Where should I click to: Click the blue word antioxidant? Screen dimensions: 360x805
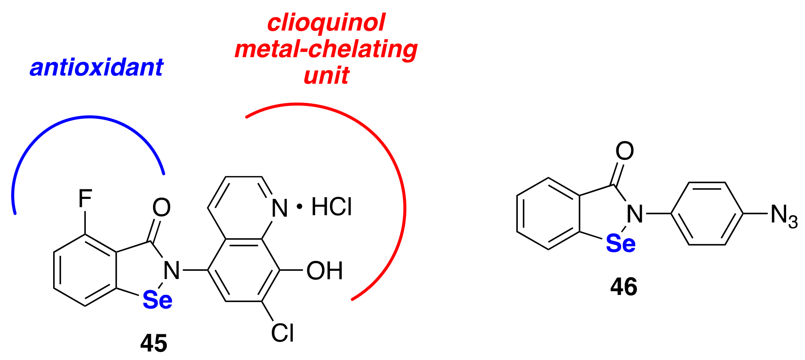coord(96,68)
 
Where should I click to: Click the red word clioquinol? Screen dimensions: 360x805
coord(326,22)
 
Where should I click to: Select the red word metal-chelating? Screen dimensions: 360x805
coord(326,49)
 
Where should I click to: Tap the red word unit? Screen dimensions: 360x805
coord(326,75)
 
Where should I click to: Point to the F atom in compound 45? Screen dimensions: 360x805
coord(85,199)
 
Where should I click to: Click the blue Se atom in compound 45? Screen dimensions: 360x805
coord(157,300)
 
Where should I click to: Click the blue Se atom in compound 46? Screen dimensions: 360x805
coord(620,243)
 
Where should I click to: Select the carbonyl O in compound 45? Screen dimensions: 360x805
coord(162,207)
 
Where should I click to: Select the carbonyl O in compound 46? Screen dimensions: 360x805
coord(625,151)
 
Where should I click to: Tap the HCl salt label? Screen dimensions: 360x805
coord(331,207)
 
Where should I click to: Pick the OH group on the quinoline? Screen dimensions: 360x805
coord(324,271)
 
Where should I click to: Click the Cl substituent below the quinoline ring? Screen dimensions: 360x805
coord(282,333)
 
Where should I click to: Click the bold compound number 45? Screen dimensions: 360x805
coord(154,343)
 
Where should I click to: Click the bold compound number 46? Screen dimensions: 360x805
coord(624,287)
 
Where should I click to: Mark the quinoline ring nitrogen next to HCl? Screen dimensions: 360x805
coord(279,208)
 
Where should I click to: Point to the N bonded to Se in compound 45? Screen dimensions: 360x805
coord(172,270)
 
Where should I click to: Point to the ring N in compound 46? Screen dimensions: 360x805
coord(635,213)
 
